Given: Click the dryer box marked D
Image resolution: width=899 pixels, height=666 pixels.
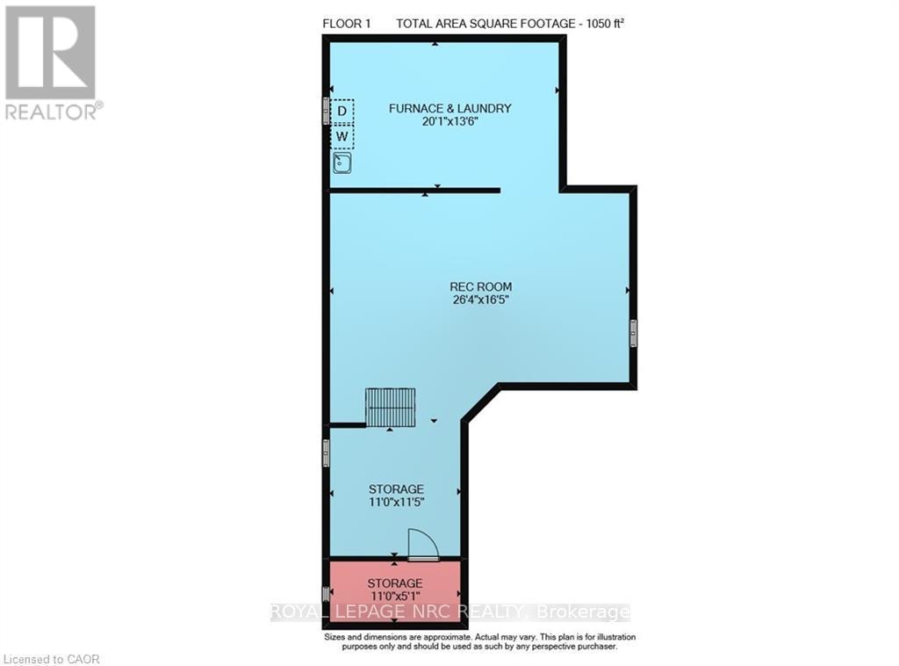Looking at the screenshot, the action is pos(342,111).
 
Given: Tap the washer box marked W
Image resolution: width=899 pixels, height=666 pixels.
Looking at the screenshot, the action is pos(342,136).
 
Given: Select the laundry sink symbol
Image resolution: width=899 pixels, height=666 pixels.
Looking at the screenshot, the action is pos(342,163).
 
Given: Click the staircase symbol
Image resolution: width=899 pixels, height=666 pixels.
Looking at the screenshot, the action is pos(391,408).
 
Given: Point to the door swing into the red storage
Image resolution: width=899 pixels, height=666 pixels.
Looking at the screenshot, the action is pos(423,544).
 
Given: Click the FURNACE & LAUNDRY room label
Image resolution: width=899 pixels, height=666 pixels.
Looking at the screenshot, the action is pos(450,108).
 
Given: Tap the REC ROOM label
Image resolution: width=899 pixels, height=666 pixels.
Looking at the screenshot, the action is pos(480,286).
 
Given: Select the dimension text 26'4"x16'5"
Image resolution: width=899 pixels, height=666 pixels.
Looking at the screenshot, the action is pos(480,300).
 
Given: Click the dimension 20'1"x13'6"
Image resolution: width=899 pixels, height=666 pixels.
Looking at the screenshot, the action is pos(450,121).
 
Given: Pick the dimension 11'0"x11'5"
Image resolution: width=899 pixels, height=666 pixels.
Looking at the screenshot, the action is pos(396,502).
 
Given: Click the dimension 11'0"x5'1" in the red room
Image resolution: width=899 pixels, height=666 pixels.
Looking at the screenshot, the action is pos(395,596).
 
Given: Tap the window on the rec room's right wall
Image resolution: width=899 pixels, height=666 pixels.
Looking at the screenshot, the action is pos(634,333).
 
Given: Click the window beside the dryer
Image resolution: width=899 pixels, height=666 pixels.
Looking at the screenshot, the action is pos(326,110).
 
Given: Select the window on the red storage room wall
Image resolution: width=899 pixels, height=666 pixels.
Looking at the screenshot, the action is pos(326,593).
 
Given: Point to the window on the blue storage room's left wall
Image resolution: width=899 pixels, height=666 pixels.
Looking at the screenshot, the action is pos(326,453).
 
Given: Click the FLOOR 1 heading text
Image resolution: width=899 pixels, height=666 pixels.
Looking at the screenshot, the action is pos(346,24).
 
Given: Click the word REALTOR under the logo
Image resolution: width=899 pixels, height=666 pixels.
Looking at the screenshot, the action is pos(50,112).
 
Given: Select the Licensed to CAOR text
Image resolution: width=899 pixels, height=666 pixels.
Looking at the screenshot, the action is pos(50,660).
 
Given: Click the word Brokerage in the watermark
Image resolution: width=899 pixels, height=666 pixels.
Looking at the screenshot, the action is pos(583,612).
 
